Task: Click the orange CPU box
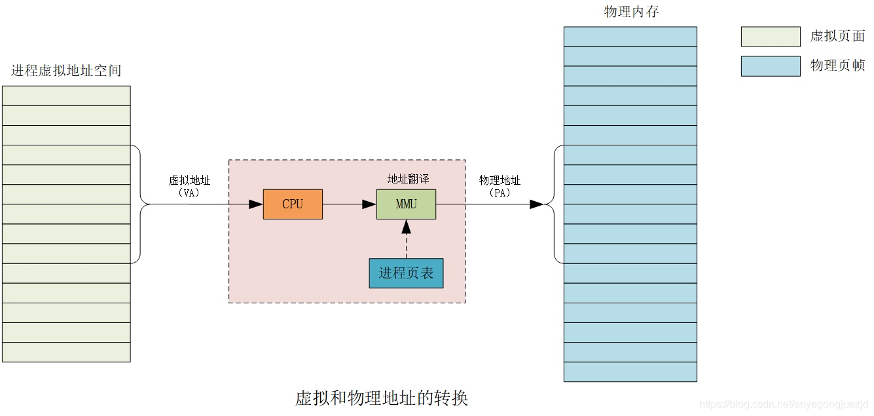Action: click(x=293, y=204)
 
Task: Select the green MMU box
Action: click(x=406, y=204)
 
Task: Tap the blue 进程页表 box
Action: click(x=406, y=273)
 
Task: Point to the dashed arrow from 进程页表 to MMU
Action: click(x=406, y=240)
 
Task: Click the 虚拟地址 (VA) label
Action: click(x=189, y=187)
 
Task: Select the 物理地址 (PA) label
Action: click(x=500, y=187)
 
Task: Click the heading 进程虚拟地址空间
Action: click(x=66, y=71)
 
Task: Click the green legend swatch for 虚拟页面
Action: click(x=771, y=37)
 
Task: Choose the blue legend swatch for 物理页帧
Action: click(x=771, y=66)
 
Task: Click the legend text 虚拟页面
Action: click(x=837, y=37)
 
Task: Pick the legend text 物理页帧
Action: click(x=837, y=66)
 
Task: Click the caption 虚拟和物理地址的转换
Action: click(x=382, y=398)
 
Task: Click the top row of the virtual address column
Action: click(x=66, y=96)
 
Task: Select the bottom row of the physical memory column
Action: click(x=630, y=371)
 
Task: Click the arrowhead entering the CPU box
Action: click(x=256, y=204)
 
